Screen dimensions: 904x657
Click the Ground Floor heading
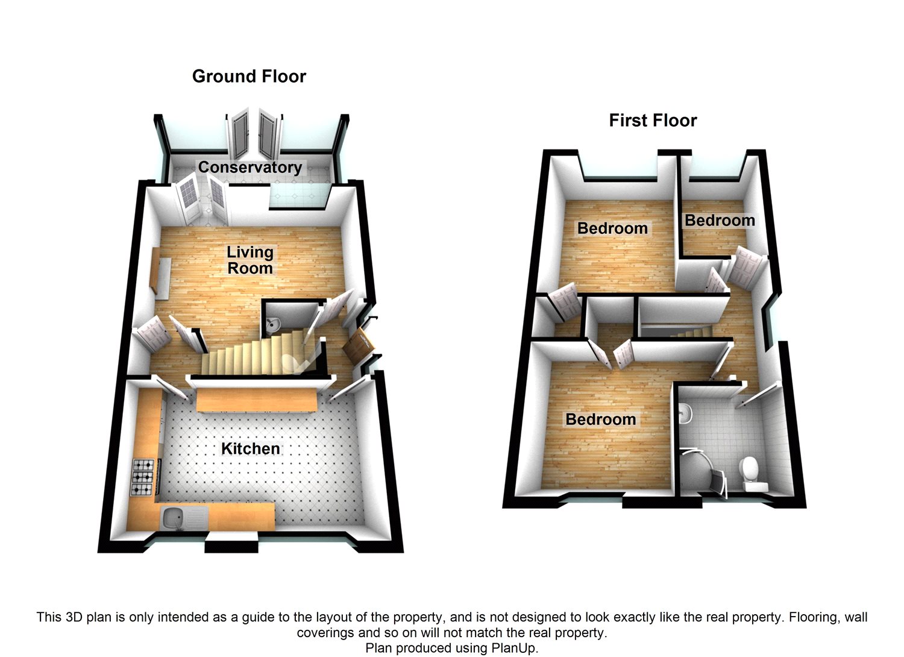coord(249,77)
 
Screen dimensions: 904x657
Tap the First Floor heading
coord(653,121)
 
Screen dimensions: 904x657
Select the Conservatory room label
coord(250,167)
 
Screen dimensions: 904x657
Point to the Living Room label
coord(250,260)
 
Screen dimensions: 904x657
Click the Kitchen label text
coord(250,448)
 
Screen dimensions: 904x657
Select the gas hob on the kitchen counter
coord(144,477)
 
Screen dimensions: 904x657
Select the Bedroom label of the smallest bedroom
coord(720,221)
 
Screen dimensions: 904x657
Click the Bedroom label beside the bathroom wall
coord(600,419)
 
